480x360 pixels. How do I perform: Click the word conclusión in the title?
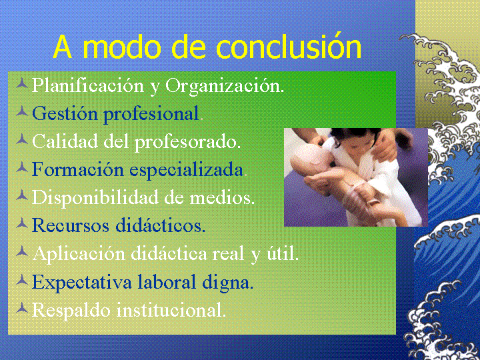coord(289,47)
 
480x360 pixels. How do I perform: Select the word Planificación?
coord(87,87)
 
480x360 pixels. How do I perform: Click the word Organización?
coord(225,87)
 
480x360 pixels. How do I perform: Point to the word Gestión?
coord(65,113)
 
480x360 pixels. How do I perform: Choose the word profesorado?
coord(187,143)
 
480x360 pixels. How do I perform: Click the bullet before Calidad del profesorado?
coord(22,139)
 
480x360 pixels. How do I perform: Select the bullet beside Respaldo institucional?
coord(22,307)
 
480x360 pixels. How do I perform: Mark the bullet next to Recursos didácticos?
coord(22,223)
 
